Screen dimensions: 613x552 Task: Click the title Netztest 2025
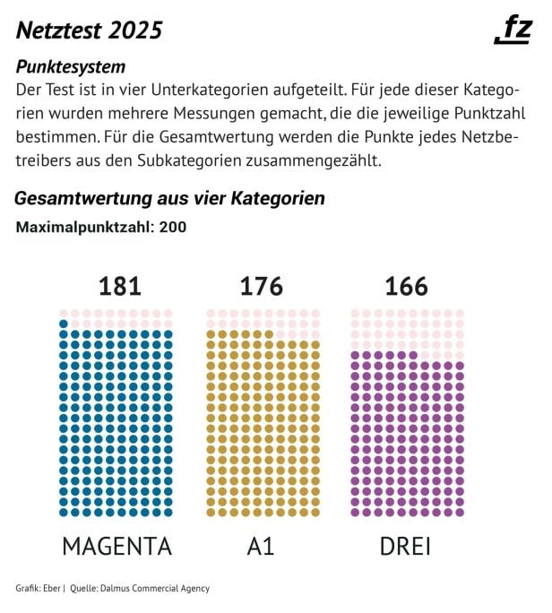coord(89,30)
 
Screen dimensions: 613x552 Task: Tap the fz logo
coord(514,30)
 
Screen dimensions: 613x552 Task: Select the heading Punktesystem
coord(70,67)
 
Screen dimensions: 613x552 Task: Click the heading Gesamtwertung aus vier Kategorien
coord(169,198)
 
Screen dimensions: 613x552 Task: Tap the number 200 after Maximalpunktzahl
coord(172,227)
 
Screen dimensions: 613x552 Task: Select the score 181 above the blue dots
coord(119,286)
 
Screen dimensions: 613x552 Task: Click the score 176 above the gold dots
coord(261,286)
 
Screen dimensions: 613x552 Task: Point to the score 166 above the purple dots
coord(406,286)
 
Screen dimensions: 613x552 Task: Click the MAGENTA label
coord(116,546)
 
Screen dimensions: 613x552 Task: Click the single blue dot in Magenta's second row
coord(64,324)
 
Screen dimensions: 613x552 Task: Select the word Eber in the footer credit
coord(51,588)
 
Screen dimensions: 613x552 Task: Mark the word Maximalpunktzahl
coord(84,227)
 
